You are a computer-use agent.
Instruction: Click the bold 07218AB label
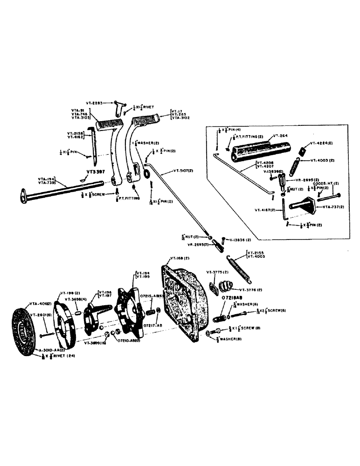232,297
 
